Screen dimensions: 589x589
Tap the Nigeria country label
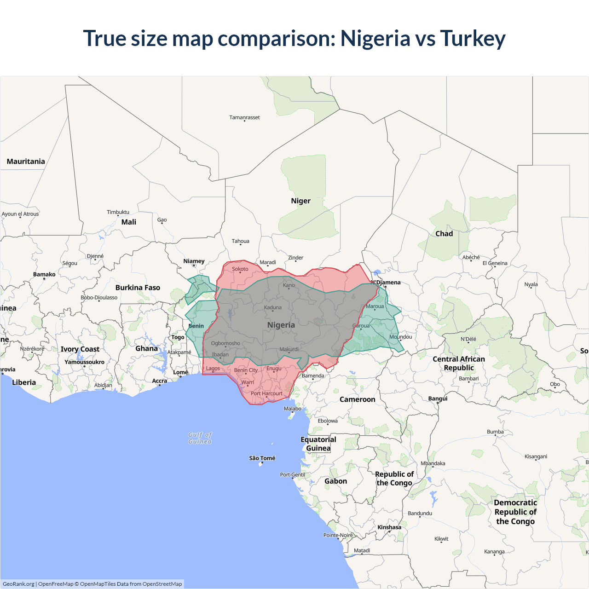pos(281,325)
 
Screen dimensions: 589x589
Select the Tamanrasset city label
pos(244,117)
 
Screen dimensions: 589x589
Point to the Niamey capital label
pos(194,261)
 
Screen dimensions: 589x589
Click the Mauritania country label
pos(26,162)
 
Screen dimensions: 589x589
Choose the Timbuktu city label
pos(118,212)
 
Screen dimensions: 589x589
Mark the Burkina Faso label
pos(138,288)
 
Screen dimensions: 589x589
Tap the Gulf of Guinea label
pos(200,438)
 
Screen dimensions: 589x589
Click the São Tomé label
pos(262,458)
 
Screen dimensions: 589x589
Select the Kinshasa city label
pos(389,527)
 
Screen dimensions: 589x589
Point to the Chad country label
pos(444,234)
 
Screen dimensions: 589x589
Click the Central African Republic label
pos(459,363)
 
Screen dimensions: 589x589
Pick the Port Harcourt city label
pos(266,393)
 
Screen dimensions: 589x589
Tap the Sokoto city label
pos(240,269)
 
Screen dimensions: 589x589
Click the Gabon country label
pos(335,481)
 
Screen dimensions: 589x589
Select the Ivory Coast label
pos(80,349)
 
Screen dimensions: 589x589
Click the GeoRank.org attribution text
pos(18,584)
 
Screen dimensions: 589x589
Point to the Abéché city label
pos(471,257)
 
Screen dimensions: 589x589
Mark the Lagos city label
pos(213,368)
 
